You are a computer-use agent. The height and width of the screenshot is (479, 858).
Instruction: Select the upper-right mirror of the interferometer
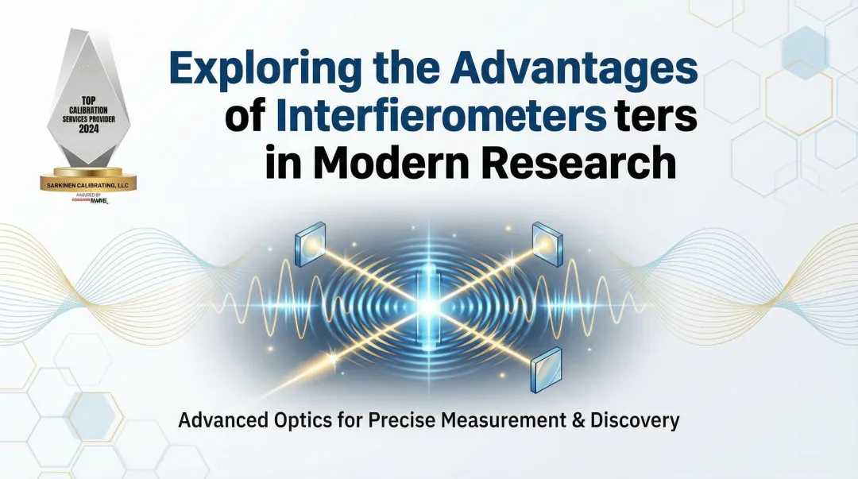[547, 241]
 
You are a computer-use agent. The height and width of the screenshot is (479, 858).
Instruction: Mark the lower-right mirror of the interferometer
[547, 367]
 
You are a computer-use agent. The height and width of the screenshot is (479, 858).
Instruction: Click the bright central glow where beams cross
[430, 304]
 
